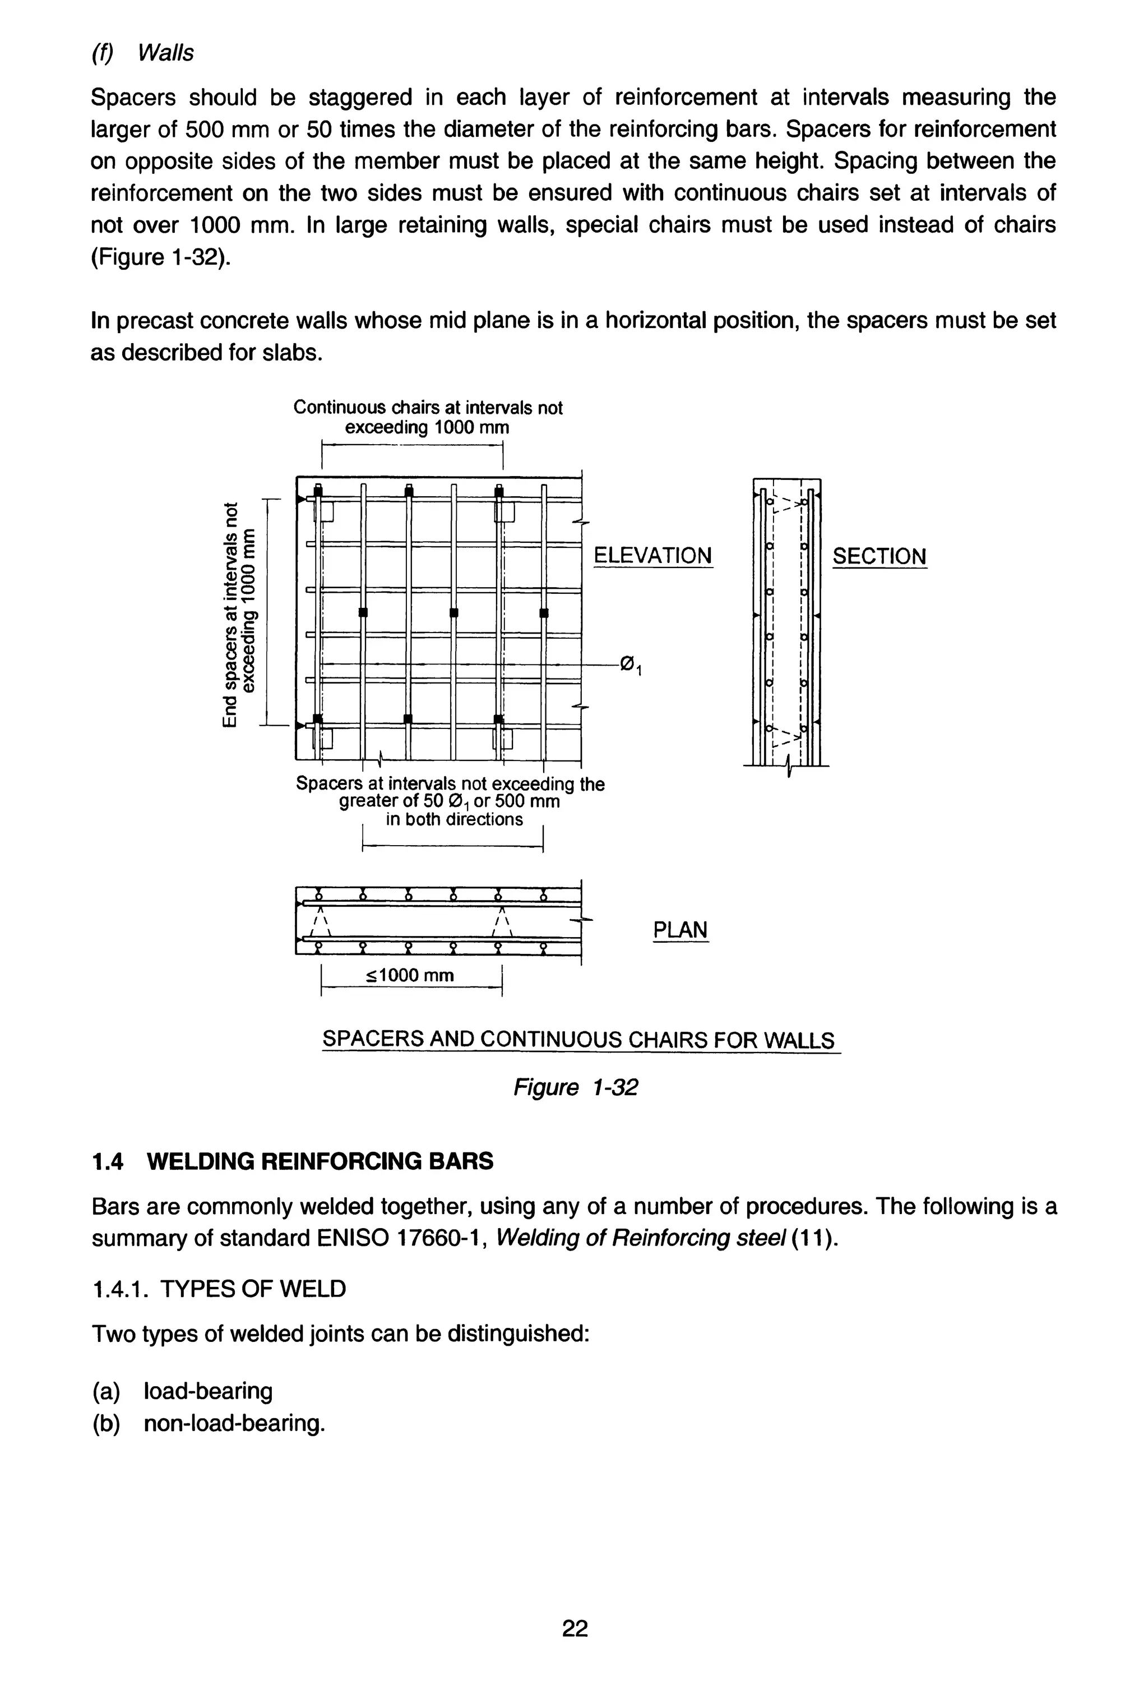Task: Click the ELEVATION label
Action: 652,556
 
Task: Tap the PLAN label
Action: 680,930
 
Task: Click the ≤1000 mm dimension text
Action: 410,975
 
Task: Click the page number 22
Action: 575,1628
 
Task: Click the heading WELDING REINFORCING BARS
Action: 320,1161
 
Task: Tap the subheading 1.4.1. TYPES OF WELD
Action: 219,1289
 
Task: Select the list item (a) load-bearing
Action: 183,1391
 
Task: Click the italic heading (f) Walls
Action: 143,53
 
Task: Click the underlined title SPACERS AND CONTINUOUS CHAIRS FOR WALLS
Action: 578,1040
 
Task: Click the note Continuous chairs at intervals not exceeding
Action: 427,417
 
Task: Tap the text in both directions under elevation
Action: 453,819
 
